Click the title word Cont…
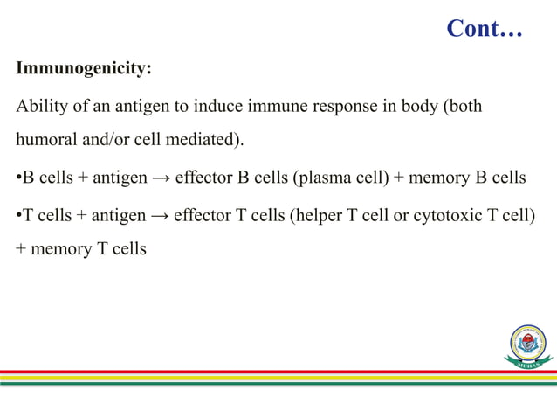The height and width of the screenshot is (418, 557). tap(484, 29)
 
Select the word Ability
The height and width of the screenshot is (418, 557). tap(39, 107)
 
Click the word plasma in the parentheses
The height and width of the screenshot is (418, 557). tap(324, 178)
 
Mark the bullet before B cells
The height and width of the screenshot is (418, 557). tap(18, 178)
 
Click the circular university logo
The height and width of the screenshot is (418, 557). tap(528, 344)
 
